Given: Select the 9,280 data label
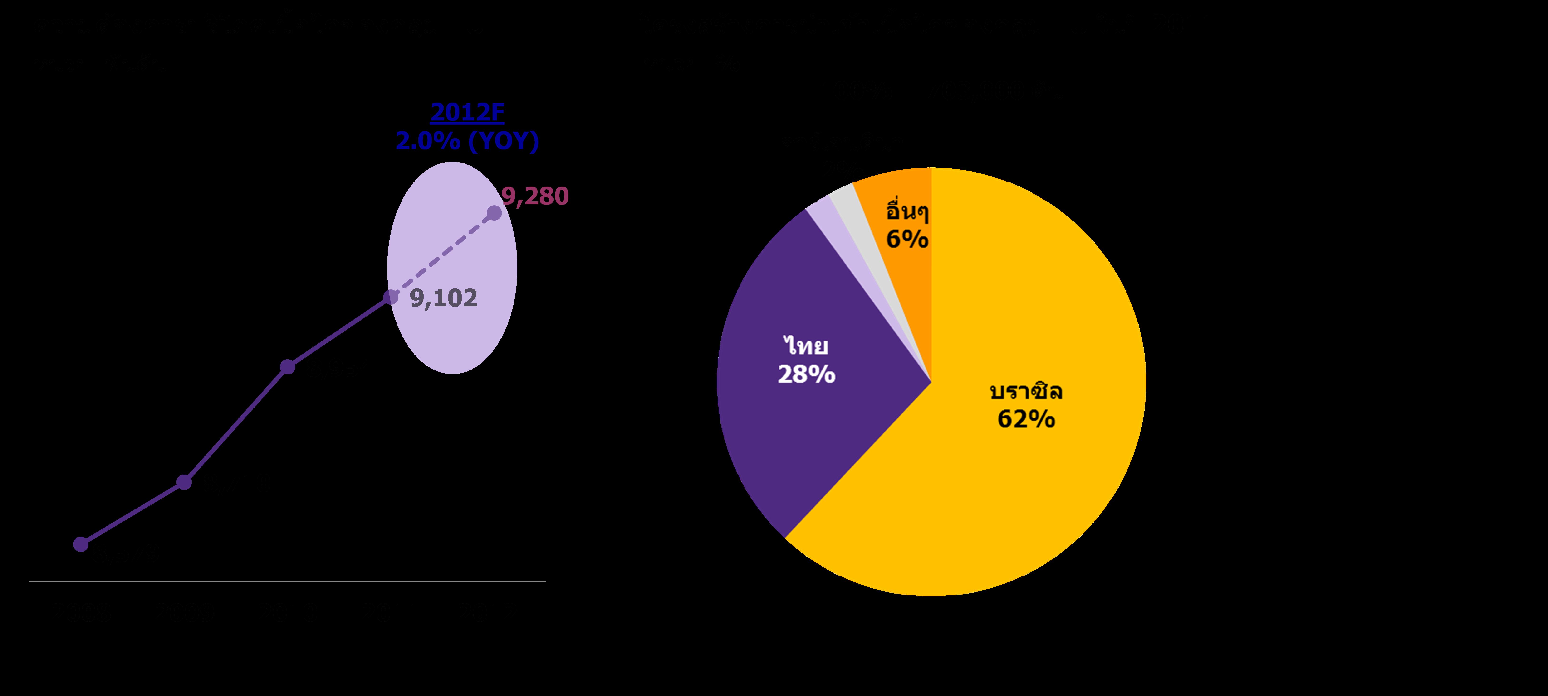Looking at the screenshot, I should [x=535, y=196].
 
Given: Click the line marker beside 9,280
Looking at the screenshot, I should [x=494, y=213].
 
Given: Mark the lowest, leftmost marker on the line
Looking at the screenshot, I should [x=81, y=544].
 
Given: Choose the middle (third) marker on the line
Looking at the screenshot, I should [x=288, y=367].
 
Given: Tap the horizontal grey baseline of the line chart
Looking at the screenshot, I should [x=287, y=581].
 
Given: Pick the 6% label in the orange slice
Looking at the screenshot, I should [x=907, y=239].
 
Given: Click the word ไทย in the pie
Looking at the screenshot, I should [x=806, y=346].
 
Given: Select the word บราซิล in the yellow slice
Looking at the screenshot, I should [x=1026, y=392].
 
